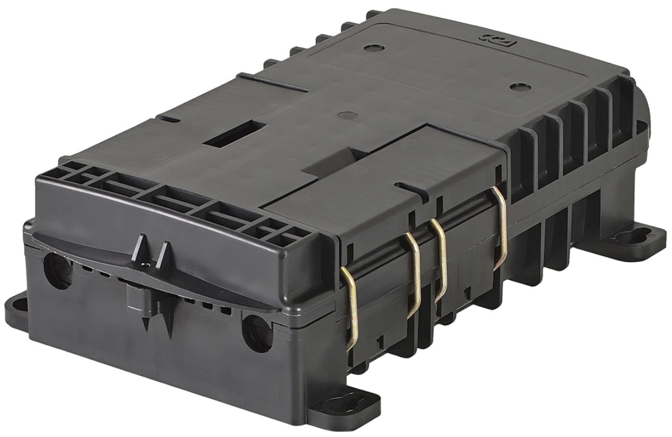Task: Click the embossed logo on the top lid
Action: click(490, 38)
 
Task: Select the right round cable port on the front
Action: click(256, 334)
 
